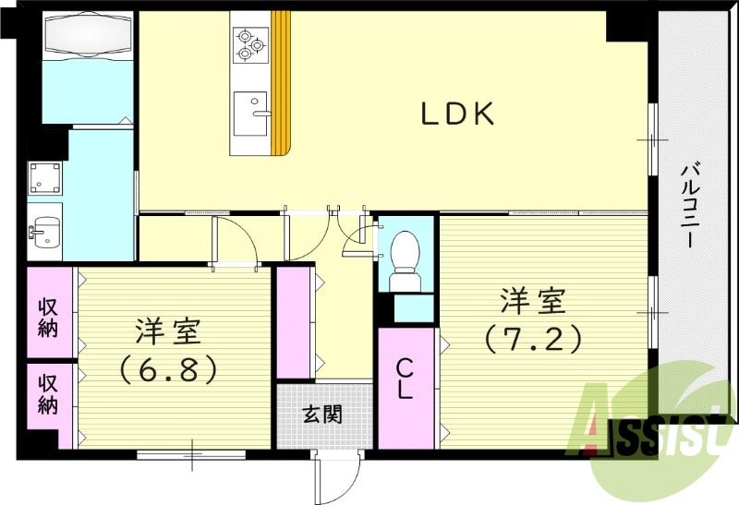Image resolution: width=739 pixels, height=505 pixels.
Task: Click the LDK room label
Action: tap(459, 114)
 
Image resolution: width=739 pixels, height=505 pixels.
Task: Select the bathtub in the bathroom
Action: tap(88, 34)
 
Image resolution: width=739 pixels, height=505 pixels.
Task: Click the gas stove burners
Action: tap(249, 43)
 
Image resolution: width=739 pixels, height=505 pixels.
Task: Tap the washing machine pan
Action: tap(45, 176)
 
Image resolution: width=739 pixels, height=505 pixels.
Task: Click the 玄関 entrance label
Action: tap(323, 414)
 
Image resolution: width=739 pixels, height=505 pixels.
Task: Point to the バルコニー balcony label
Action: tap(688, 205)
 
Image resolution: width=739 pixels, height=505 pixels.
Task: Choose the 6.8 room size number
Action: tap(167, 369)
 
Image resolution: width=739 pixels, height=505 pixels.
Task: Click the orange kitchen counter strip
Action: tap(282, 83)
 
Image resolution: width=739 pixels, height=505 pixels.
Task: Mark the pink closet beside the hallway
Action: tap(295, 321)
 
